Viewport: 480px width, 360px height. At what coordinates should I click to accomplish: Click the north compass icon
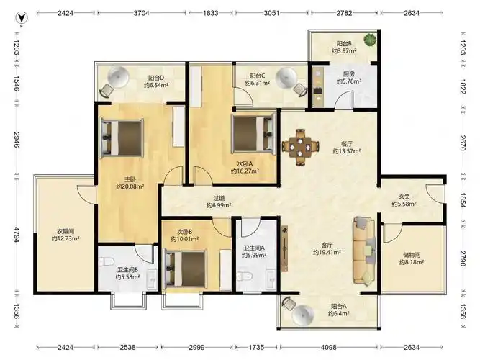(22, 18)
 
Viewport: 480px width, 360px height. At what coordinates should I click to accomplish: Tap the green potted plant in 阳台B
(370, 40)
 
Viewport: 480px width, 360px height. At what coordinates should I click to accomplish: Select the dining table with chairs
(300, 147)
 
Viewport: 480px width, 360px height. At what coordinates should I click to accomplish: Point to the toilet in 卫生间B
(107, 261)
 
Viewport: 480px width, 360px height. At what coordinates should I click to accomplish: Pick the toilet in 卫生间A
(245, 276)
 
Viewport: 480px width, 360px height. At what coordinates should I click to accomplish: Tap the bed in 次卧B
(186, 269)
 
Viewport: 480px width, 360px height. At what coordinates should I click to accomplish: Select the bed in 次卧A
(254, 133)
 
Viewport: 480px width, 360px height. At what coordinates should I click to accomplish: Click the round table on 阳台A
(303, 315)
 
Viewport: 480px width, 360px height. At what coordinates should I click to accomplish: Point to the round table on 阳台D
(119, 76)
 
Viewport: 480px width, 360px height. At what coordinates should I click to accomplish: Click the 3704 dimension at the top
(142, 13)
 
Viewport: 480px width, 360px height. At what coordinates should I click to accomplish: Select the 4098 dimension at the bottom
(328, 347)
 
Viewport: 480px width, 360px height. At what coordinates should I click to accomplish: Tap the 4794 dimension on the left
(17, 235)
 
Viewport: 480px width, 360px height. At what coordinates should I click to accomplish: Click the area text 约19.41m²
(327, 252)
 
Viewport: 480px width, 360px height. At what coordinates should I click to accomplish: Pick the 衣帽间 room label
(65, 231)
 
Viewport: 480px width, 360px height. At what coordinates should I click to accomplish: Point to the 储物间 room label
(412, 255)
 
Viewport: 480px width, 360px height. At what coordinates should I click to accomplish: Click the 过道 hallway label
(219, 198)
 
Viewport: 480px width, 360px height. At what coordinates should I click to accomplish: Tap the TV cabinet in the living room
(285, 249)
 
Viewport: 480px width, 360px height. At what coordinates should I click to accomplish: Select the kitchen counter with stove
(318, 85)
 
